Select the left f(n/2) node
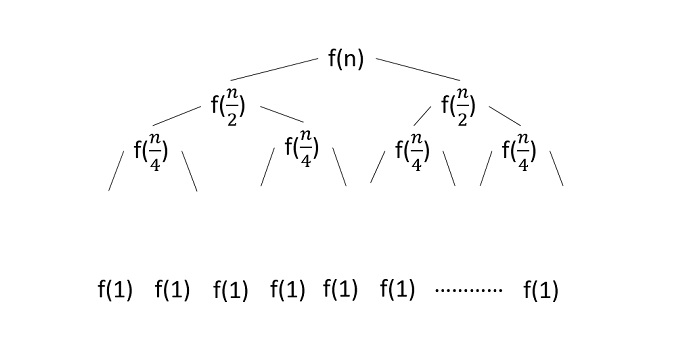[x=229, y=104]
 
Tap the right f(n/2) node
[x=459, y=104]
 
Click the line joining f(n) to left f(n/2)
[x=273, y=70]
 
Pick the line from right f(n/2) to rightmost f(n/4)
[x=505, y=113]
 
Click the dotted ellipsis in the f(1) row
[x=469, y=291]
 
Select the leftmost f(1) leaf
[x=115, y=291]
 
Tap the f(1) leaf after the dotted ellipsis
[x=541, y=291]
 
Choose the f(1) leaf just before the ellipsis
[x=397, y=291]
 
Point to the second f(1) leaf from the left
[x=172, y=291]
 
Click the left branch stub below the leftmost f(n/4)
[x=116, y=174]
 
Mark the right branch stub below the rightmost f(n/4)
[x=556, y=170]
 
